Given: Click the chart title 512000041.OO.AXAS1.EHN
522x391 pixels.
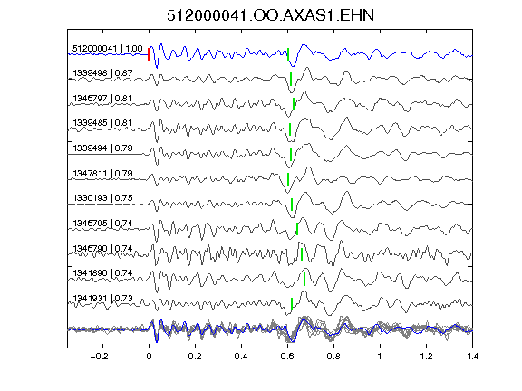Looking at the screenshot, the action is [x=270, y=15].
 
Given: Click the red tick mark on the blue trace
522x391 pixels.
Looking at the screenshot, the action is [x=149, y=54].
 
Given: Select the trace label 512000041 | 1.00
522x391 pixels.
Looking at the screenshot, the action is [x=108, y=49].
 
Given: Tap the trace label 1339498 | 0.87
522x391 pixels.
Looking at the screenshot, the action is [x=103, y=72].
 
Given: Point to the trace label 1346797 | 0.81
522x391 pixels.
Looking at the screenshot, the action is [x=103, y=99].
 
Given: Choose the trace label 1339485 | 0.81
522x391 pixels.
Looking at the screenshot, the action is [x=103, y=123].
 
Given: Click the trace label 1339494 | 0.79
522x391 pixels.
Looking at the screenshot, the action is [x=103, y=148].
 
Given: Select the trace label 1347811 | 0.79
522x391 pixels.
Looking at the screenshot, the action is [x=103, y=174].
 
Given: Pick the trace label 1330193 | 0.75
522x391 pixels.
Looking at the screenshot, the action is [x=103, y=198].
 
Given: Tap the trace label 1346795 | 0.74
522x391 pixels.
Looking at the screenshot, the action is [x=103, y=223].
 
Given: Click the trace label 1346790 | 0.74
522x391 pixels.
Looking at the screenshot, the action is [x=103, y=249].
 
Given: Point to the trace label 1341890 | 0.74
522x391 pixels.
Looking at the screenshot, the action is [x=103, y=273].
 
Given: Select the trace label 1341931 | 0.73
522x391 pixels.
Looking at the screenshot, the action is [x=103, y=299].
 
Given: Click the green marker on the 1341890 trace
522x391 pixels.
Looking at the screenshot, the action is [x=304, y=279].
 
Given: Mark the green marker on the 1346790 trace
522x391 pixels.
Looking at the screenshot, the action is [x=302, y=254].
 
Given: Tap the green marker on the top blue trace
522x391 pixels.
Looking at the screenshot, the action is [x=288, y=54].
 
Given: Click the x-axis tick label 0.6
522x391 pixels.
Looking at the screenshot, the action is [x=287, y=357].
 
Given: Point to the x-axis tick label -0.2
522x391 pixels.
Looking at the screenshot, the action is [x=100, y=357].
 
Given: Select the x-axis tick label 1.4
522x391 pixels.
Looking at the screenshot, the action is [x=472, y=357].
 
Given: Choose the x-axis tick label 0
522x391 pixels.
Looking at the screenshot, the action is [x=149, y=357].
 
